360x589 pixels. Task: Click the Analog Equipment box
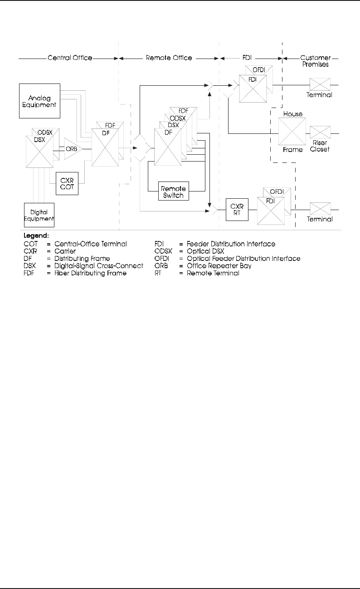(40, 101)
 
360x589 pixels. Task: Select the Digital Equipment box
(39, 215)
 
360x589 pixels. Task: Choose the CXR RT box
(237, 210)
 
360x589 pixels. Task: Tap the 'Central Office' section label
(70, 58)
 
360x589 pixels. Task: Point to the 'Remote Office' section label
(169, 58)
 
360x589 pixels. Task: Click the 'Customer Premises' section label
(316, 61)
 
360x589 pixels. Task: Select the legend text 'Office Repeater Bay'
(219, 266)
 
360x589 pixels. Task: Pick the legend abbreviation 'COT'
(31, 244)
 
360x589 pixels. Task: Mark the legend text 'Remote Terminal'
(213, 273)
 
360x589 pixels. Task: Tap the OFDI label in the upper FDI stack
(259, 69)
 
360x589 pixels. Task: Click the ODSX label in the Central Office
(45, 132)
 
